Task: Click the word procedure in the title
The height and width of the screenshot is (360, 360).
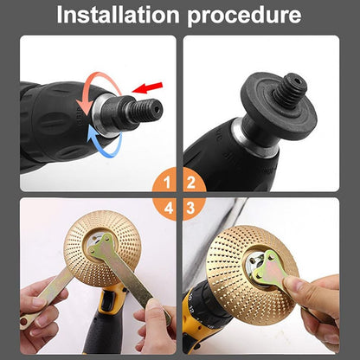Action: pyautogui.click(x=249, y=16)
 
